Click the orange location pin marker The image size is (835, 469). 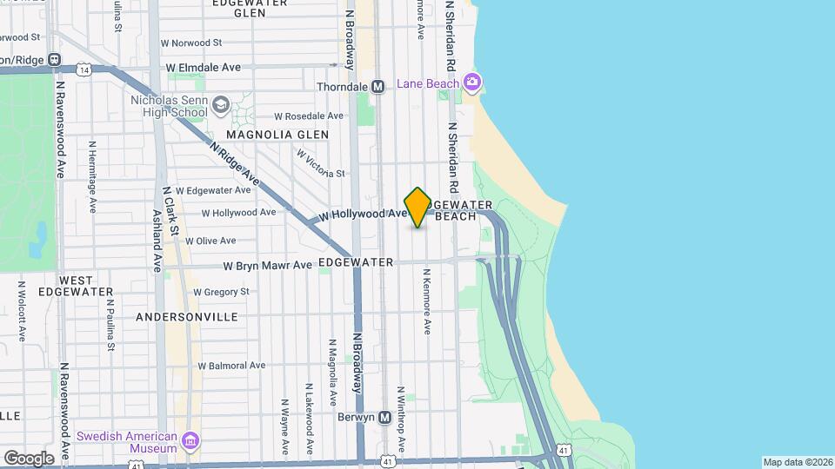417,208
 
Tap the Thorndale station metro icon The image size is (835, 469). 377,87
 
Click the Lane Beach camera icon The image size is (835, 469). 472,83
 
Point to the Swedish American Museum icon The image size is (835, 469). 190,442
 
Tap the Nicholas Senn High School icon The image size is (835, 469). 221,106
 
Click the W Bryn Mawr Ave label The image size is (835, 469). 267,265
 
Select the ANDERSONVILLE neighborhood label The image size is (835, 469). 187,317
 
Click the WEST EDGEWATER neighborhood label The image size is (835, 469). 86,286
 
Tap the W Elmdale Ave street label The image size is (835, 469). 204,67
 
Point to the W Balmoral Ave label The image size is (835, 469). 230,366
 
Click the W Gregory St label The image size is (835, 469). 221,292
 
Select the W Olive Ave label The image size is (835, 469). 204,241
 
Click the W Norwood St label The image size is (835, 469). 191,42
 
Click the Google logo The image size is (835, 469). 29,458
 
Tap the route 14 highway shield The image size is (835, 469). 83,68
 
